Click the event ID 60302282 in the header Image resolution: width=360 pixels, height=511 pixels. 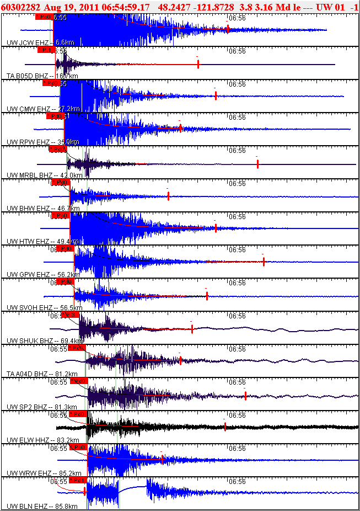(20, 7)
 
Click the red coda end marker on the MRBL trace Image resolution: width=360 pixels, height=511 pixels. (257, 163)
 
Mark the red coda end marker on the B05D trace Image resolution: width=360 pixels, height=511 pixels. (198, 64)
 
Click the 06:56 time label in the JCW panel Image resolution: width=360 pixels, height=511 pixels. (237, 18)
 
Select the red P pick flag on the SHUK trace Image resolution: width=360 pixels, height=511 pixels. (70, 315)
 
